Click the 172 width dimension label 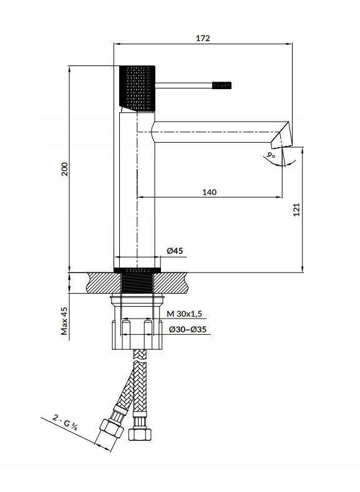(x=203, y=38)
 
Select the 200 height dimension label (x=64, y=169)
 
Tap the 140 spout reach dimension (x=210, y=192)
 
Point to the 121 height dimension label (x=296, y=210)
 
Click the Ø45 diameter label (x=175, y=251)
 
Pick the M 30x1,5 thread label (x=185, y=314)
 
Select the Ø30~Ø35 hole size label (x=187, y=329)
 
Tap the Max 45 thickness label (x=64, y=321)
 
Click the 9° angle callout (x=271, y=155)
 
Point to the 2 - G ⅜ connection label (x=66, y=422)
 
